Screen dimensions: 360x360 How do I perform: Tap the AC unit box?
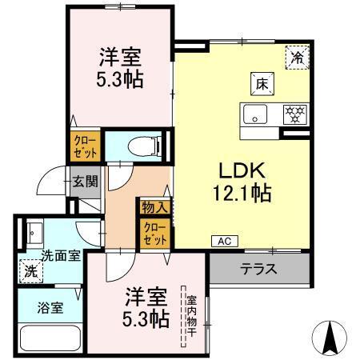(x=223, y=240)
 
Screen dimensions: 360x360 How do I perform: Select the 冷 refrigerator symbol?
(x=297, y=57)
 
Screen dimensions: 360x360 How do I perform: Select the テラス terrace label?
(x=258, y=269)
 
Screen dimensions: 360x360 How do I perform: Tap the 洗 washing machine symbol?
(x=30, y=270)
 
